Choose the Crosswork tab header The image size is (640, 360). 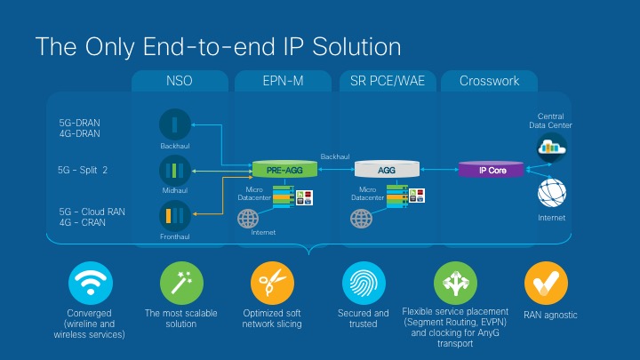(489, 81)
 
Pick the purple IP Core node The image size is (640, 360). (492, 169)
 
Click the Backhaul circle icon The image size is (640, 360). (175, 124)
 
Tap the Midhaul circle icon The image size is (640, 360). (175, 170)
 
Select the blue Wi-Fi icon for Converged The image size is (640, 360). (90, 284)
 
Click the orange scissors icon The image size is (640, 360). (271, 284)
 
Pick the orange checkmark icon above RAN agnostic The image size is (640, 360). (546, 284)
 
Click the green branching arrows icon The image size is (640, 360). (454, 284)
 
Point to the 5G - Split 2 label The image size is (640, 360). (83, 170)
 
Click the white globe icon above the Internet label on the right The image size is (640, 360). (551, 192)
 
